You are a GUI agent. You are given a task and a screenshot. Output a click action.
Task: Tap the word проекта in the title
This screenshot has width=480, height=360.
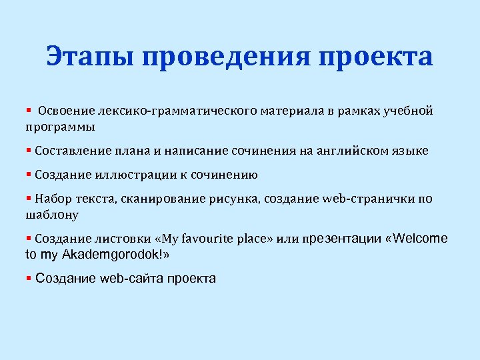377,57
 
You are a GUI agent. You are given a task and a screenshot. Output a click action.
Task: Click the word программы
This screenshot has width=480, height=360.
60,126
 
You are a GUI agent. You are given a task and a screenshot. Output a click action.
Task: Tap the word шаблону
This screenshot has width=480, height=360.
52,215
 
